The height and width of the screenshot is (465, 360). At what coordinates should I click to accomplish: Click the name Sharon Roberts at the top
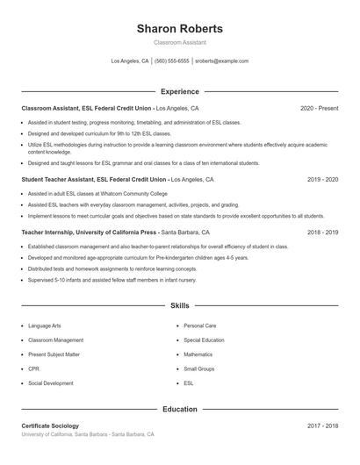tap(179, 28)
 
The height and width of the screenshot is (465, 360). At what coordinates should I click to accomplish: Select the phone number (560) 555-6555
tap(172, 61)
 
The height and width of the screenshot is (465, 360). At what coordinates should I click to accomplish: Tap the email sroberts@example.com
tap(221, 61)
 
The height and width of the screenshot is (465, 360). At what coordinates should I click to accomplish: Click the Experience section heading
tap(179, 91)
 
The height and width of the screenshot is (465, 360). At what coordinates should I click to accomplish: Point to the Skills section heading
tap(179, 306)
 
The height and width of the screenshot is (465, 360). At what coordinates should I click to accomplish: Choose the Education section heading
tap(179, 409)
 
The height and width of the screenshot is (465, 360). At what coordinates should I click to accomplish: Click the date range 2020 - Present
tap(319, 108)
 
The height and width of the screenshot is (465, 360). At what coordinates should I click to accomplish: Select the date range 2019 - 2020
tap(322, 179)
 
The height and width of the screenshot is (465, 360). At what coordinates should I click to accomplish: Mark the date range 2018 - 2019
tap(322, 233)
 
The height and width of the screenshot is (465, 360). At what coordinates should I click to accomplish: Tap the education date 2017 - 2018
tap(322, 426)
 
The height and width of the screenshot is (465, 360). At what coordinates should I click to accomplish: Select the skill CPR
tap(34, 369)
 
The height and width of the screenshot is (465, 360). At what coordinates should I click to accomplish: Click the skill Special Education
tap(204, 340)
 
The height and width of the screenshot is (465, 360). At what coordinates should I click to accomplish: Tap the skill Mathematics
tap(198, 354)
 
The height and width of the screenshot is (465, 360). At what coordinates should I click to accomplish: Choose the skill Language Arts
tap(45, 325)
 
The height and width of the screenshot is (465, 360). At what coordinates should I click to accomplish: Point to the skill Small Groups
tap(199, 369)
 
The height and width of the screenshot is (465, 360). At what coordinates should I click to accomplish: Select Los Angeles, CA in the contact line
tap(129, 61)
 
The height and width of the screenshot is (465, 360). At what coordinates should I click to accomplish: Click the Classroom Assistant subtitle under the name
tap(179, 42)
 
